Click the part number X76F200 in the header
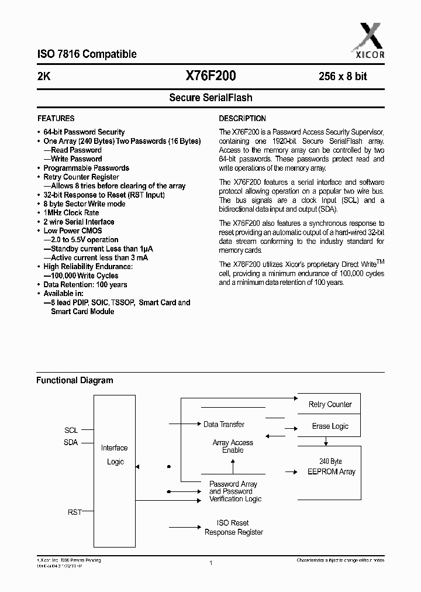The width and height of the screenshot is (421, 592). pos(210,75)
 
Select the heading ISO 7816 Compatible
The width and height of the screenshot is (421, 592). pos(87,54)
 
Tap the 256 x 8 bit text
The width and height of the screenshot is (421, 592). pos(343,76)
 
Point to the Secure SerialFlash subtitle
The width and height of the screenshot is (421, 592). pos(210,98)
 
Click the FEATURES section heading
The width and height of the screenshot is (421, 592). pos(56,118)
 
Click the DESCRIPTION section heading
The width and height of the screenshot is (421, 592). pos(242,118)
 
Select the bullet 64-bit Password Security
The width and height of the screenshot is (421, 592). pos(84,132)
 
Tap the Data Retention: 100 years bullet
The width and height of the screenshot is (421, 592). pos(85,285)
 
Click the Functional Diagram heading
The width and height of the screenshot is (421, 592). pos(75,380)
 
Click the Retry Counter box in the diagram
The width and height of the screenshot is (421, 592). pos(330,404)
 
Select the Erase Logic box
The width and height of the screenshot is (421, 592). pos(330,426)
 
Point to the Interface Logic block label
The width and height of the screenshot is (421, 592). pos(115,455)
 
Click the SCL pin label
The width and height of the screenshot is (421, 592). pos(71,430)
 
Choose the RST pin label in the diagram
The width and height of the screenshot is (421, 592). pos(74,512)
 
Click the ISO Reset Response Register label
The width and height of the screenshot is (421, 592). pos(233,528)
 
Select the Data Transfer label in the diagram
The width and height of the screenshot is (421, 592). pos(223,424)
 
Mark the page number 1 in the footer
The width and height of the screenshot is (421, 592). pos(210,563)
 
